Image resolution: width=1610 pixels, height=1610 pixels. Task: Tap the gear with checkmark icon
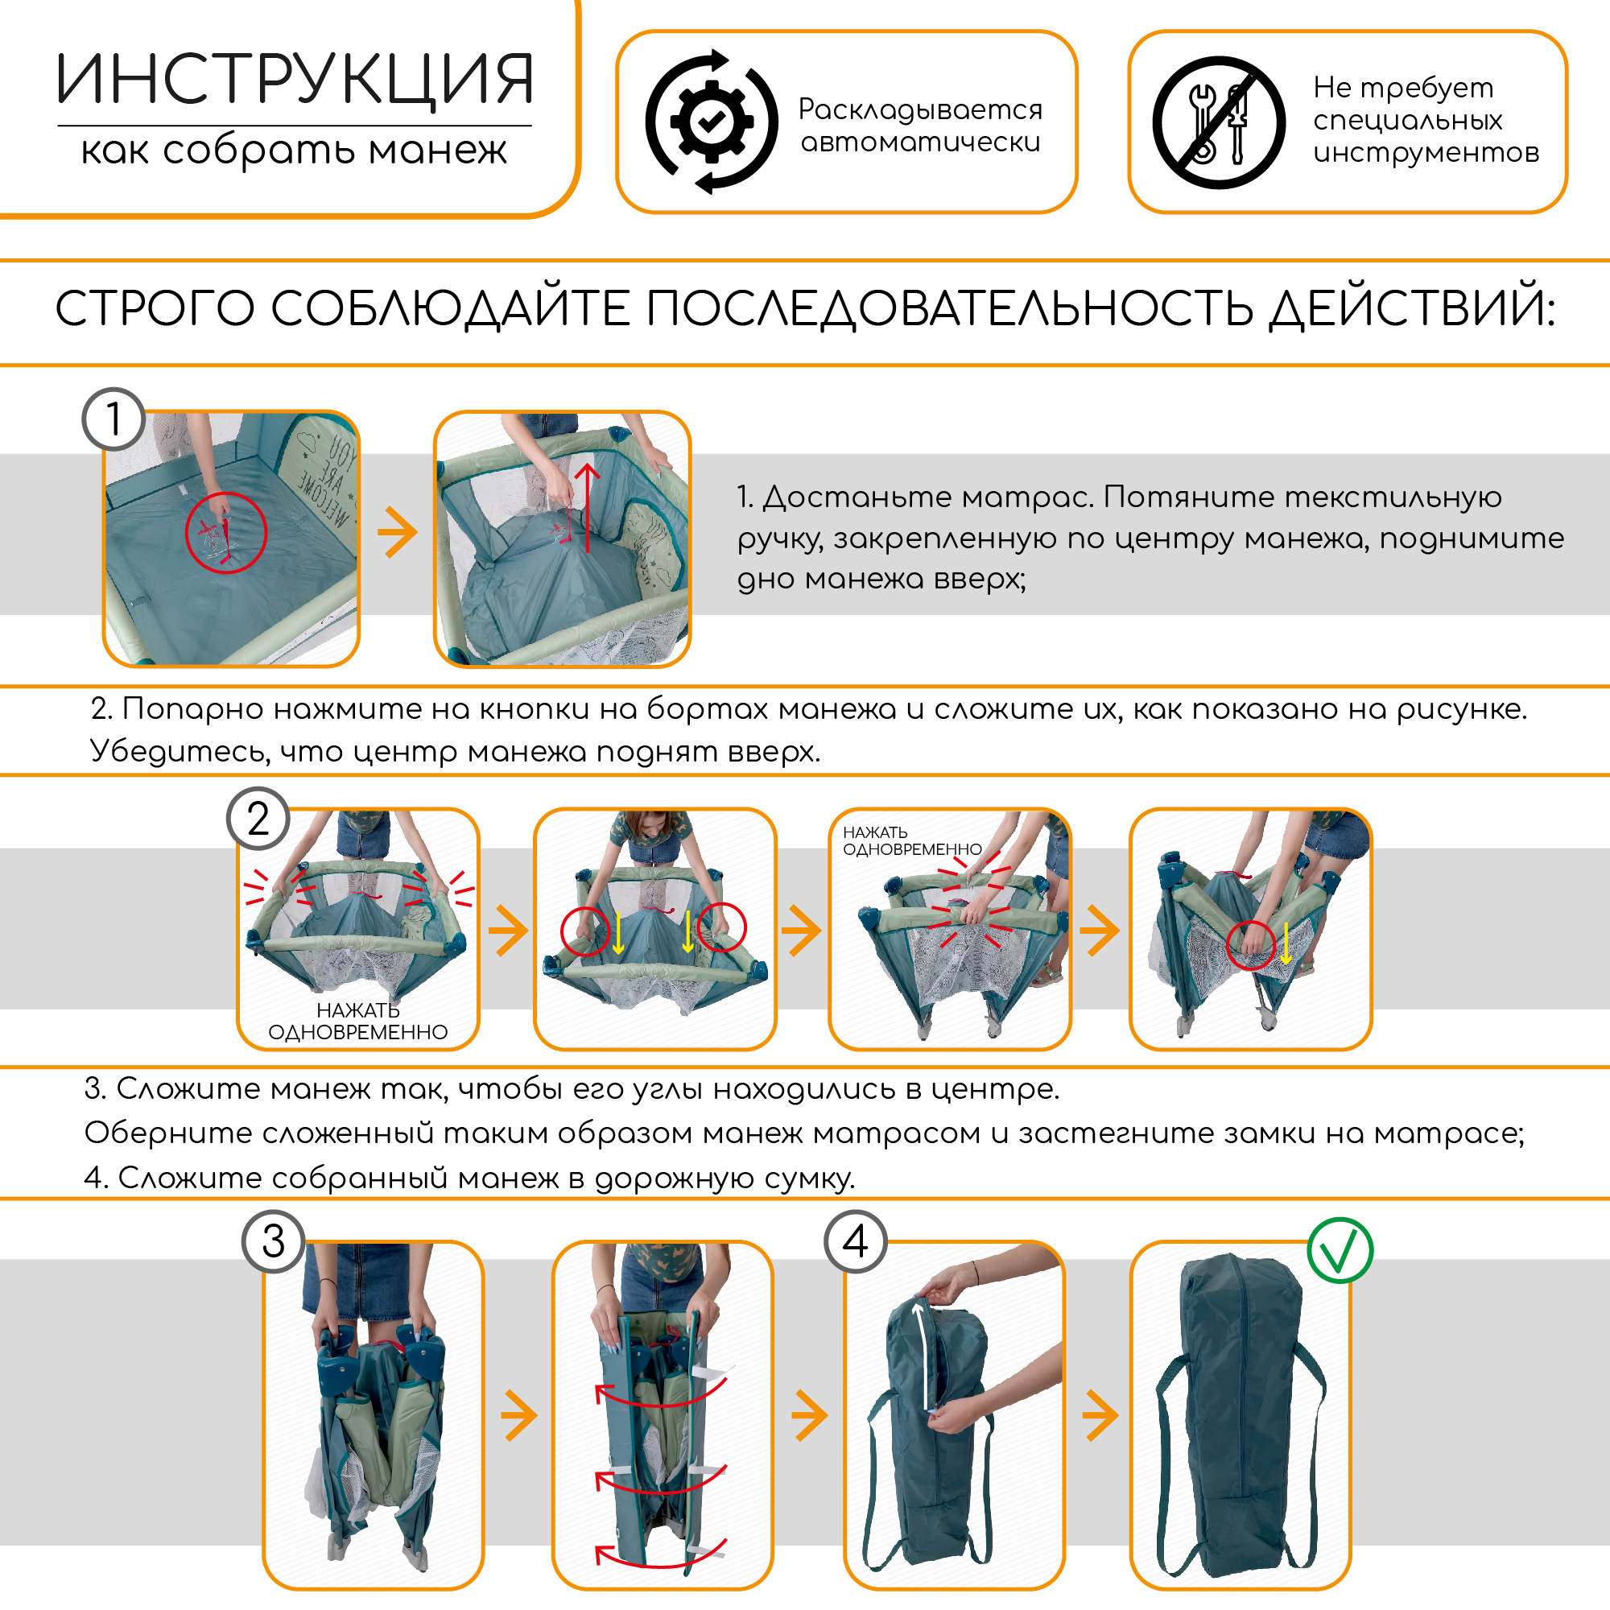(711, 122)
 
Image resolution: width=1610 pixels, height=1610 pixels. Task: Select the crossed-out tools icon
(1218, 122)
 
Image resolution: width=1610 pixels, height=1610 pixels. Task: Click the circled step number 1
(114, 419)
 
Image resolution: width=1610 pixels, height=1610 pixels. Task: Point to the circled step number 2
(258, 819)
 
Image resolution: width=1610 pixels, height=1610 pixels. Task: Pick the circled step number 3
(274, 1241)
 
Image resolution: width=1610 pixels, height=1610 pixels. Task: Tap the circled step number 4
(855, 1241)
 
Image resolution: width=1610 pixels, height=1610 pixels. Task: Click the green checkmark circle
(1340, 1251)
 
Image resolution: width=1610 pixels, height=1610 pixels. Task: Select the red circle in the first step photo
(226, 532)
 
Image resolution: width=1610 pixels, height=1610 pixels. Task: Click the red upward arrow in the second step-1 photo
(588, 508)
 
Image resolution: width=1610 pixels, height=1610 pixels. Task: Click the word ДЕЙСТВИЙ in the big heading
(1411, 308)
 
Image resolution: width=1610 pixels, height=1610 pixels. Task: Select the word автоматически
(920, 142)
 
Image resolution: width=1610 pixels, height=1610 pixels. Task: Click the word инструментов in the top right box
(1426, 153)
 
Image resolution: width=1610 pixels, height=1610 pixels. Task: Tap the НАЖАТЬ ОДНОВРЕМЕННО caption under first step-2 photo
(357, 1022)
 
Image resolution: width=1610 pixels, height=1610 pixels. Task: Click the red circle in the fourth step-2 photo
(1251, 946)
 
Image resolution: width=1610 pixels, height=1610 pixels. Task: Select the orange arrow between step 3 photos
(519, 1415)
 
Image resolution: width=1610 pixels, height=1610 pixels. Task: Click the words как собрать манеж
(293, 151)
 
